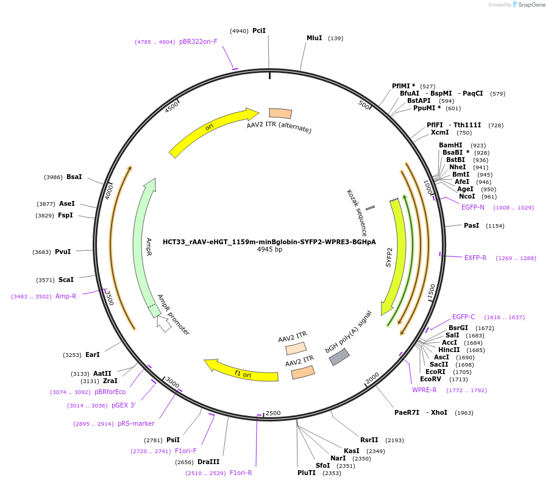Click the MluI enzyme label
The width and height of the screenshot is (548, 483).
coord(314,38)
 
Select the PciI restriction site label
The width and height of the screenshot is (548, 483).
coord(259,30)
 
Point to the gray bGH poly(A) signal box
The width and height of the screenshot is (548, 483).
coord(340,357)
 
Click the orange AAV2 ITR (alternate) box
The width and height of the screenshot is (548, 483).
coord(280,113)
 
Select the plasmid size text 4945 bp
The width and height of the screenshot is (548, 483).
coord(269,250)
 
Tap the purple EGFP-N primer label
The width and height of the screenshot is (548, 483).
coord(473,207)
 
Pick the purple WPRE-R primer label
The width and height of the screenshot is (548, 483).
coord(424,390)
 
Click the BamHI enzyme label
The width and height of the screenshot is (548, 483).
coord(450,145)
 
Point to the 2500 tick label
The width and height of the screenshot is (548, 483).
coord(273,413)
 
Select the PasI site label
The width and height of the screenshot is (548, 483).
coord(471,225)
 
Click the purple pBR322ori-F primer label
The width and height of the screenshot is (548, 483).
coord(198,41)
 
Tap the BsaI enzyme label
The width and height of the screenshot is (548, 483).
coord(74,177)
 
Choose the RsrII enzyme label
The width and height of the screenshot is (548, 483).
coord(369,440)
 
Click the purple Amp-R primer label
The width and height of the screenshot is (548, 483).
coord(66,296)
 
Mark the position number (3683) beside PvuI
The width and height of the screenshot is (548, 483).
coord(42,252)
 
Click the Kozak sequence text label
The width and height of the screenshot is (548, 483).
coord(357,213)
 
